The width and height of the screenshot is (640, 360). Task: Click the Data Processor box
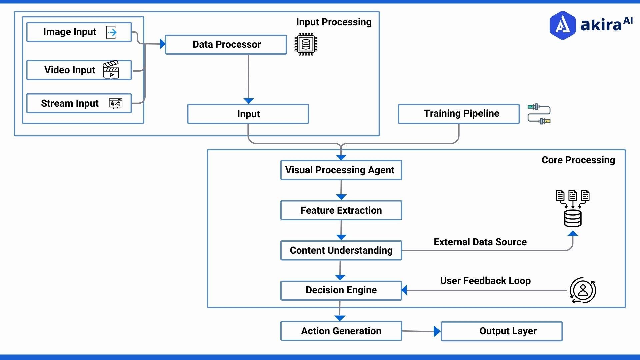pyautogui.click(x=226, y=44)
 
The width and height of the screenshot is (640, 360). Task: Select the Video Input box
pyautogui.click(x=70, y=70)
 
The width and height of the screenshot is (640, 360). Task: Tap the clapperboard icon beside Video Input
pyautogui.click(x=111, y=70)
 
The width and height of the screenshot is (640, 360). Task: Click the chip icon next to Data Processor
pyautogui.click(x=306, y=44)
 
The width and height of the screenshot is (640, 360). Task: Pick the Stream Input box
pyautogui.click(x=70, y=103)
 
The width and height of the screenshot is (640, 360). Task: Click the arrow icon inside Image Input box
pyautogui.click(x=112, y=32)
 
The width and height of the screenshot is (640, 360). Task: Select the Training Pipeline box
pyautogui.click(x=459, y=114)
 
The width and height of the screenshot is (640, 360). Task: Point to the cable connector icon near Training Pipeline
pyautogui.click(x=539, y=114)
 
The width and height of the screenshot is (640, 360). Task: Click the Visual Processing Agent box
pyautogui.click(x=341, y=170)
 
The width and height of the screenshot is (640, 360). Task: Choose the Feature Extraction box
pyautogui.click(x=341, y=210)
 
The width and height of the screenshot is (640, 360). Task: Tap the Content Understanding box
pyautogui.click(x=341, y=250)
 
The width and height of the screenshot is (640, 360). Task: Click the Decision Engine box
pyautogui.click(x=341, y=290)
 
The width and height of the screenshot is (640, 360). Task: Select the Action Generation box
pyautogui.click(x=341, y=331)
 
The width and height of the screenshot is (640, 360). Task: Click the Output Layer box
pyautogui.click(x=502, y=331)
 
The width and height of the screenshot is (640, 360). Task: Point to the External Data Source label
pyautogui.click(x=480, y=242)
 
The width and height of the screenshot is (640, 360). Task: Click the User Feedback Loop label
pyautogui.click(x=485, y=281)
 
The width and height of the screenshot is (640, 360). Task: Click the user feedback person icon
pyautogui.click(x=583, y=290)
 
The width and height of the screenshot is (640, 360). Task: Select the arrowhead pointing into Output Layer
pyautogui.click(x=437, y=331)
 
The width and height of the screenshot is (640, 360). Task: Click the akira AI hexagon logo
pyautogui.click(x=563, y=25)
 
